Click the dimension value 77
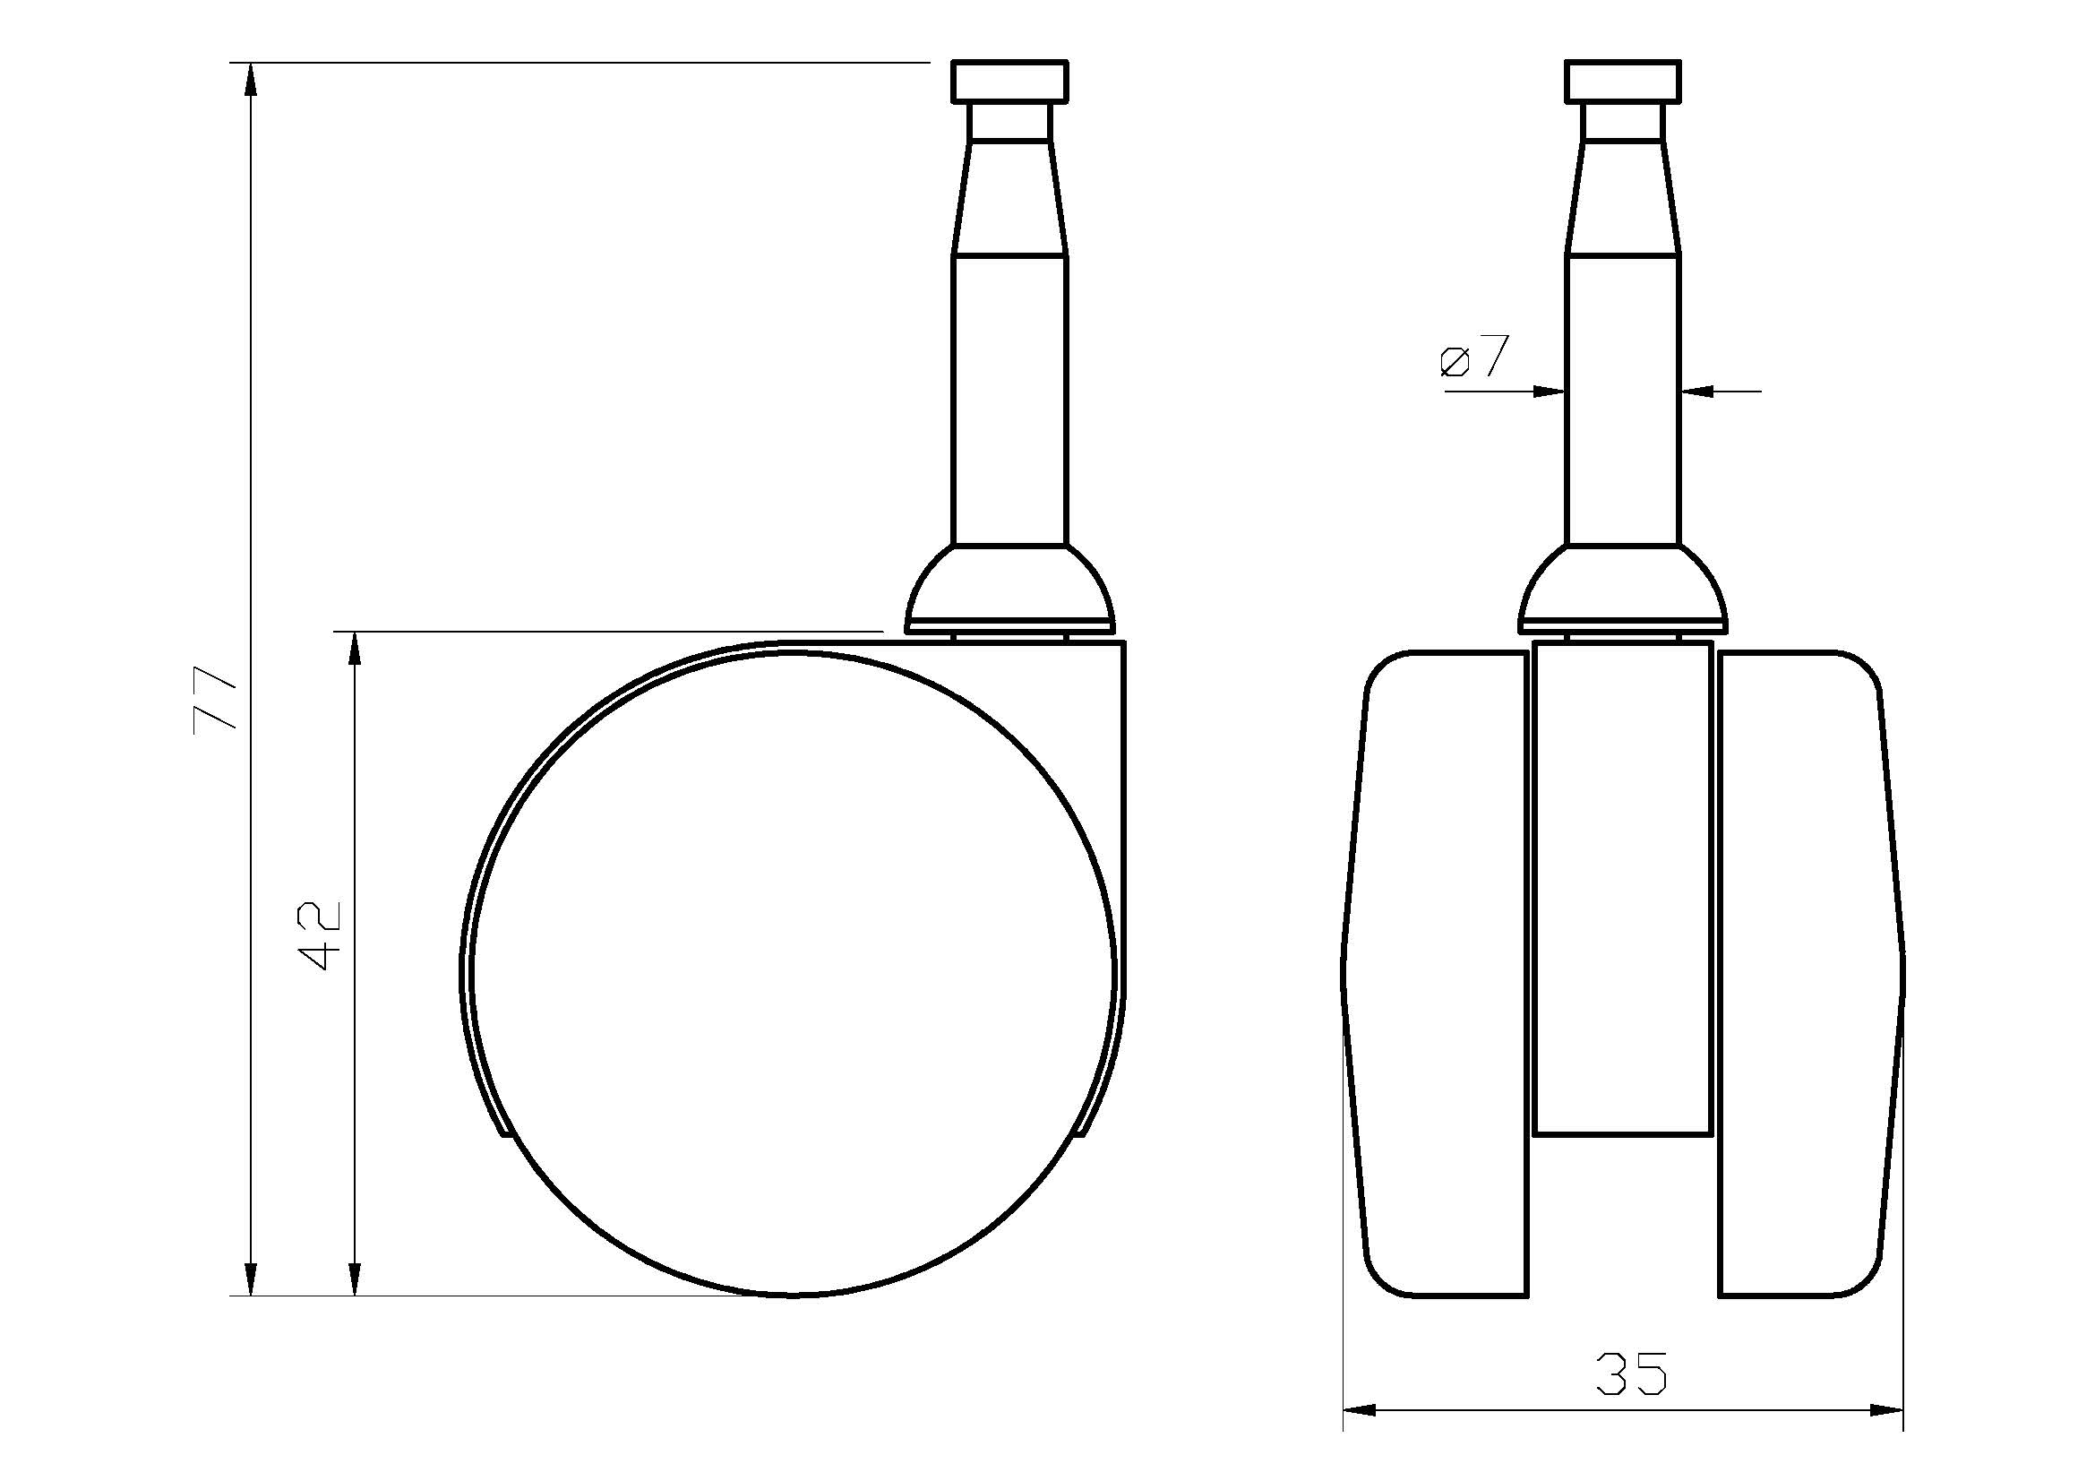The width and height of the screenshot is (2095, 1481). pos(215,700)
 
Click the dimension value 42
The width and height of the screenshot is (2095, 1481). pos(321,936)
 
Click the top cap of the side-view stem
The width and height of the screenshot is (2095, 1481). pos(1009,82)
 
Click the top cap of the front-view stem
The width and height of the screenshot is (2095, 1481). pos(1622,82)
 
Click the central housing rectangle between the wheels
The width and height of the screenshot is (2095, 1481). pos(1622,889)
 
